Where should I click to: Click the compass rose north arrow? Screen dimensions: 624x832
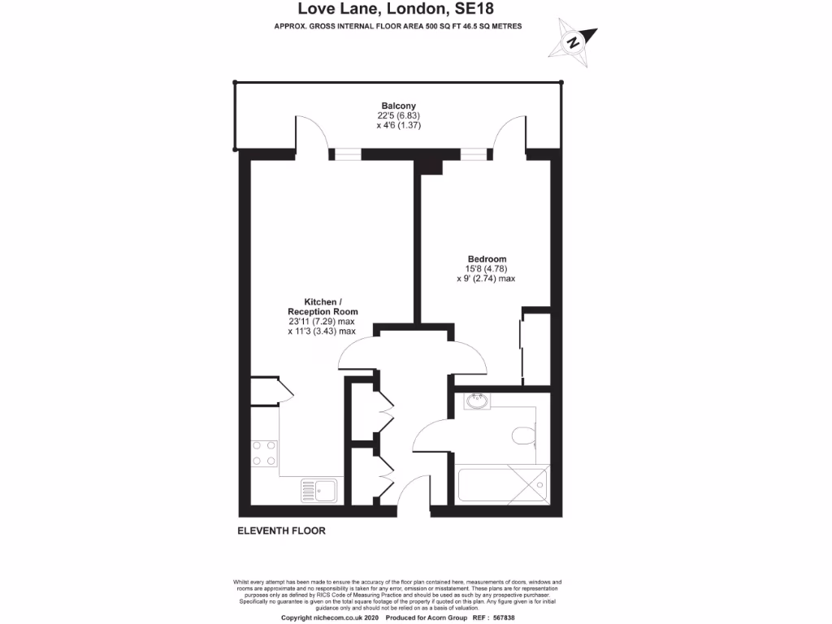pos(575,41)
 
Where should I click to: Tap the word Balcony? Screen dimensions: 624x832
pos(399,106)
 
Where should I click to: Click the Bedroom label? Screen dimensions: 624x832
pos(486,258)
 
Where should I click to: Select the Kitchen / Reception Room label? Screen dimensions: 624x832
pos(323,305)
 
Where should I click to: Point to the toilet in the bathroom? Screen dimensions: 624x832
pos(524,436)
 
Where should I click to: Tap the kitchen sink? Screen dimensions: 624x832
pos(319,490)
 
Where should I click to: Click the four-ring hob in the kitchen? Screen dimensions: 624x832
pos(264,453)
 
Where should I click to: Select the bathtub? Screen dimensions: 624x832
pos(504,485)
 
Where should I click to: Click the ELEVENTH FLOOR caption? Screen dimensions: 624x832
pos(281,531)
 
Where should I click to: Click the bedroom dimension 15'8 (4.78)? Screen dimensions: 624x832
pos(486,269)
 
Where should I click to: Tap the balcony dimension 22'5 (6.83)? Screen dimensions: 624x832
pos(398,116)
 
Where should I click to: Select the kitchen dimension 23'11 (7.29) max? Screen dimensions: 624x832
pos(323,321)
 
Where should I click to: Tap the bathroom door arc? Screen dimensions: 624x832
pos(428,433)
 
